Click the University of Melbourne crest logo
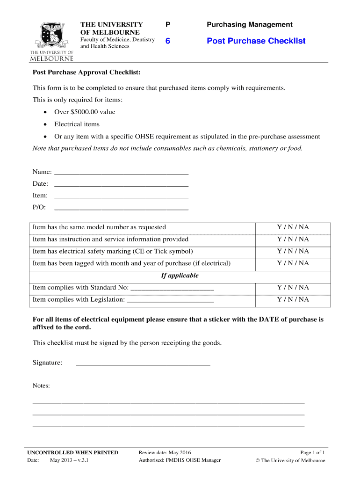[51, 41]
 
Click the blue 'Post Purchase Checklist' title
[256, 41]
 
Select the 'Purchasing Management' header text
[250, 24]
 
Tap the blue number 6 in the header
[167, 41]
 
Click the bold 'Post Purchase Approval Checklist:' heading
[86, 73]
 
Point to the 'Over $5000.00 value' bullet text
[85, 112]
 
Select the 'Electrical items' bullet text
[77, 124]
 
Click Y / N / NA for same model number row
[293, 227]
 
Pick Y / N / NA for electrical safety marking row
[293, 251]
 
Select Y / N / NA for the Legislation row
[293, 299]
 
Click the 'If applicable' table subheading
[180, 276]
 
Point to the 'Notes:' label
[41, 386]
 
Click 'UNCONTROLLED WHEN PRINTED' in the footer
[72, 452]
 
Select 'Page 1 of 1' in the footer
[312, 452]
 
